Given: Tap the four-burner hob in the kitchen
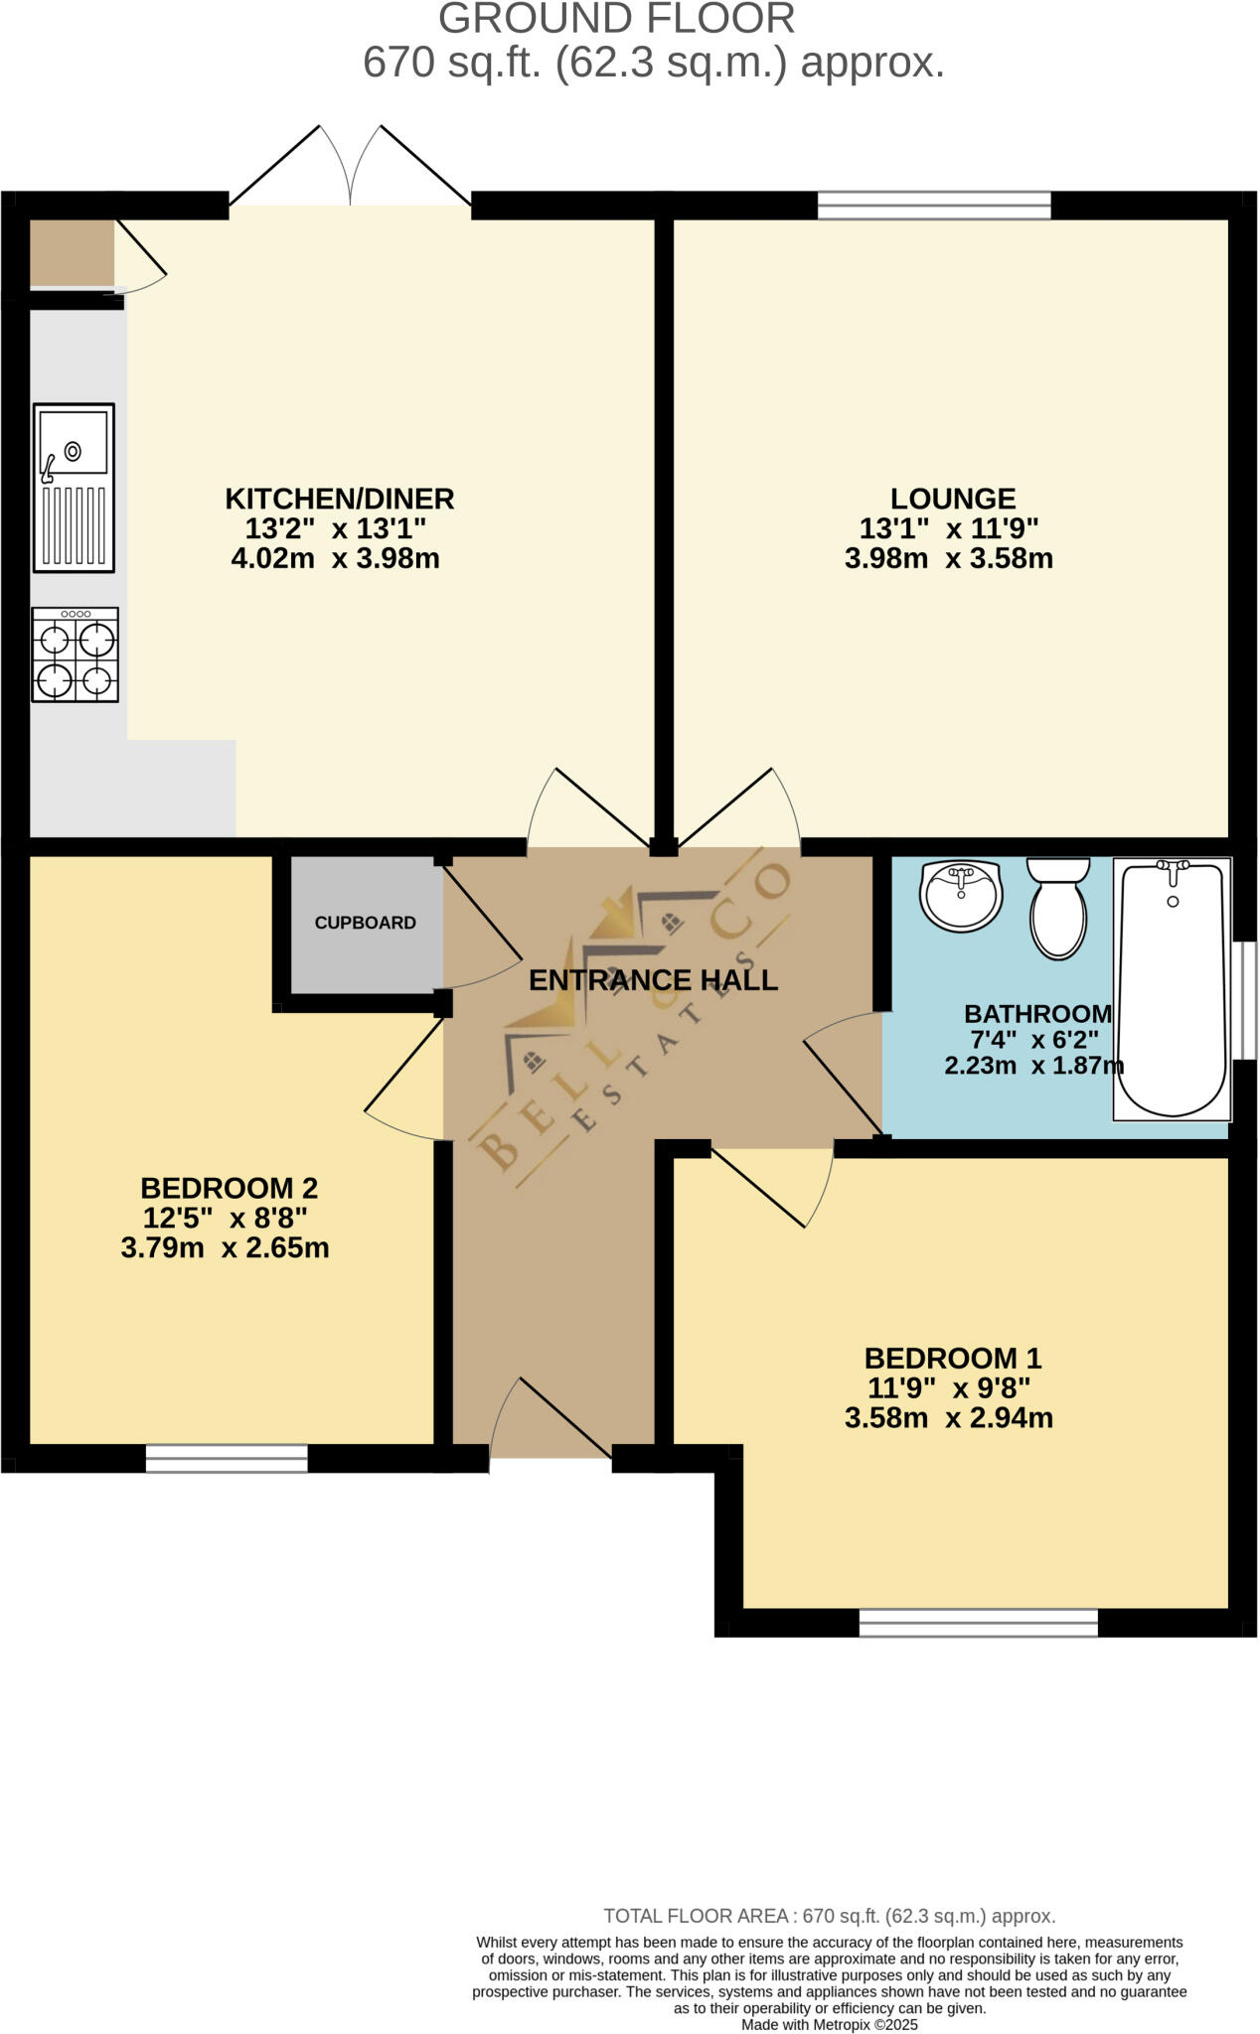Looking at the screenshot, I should (x=75, y=655).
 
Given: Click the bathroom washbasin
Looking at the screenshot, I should (x=961, y=895).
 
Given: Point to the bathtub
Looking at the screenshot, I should (x=1172, y=989).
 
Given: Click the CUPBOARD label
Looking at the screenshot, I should (x=365, y=923).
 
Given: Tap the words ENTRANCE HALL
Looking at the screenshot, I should (x=653, y=980).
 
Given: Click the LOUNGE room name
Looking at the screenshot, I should (x=952, y=498).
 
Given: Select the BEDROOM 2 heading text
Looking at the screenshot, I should (x=229, y=1188).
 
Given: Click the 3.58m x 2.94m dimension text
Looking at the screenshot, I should (x=948, y=1418).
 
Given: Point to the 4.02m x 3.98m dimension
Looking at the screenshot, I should (x=335, y=558).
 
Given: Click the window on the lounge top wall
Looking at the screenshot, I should (x=934, y=205).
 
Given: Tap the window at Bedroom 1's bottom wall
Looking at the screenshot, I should (x=978, y=1622).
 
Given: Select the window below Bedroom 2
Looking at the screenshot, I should (x=227, y=1457).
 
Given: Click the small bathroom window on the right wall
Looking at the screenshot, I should (x=1244, y=999).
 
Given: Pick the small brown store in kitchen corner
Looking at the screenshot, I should (x=72, y=253).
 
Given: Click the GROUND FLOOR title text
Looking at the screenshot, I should (x=616, y=20).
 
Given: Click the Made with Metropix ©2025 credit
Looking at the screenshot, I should (x=829, y=2024).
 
